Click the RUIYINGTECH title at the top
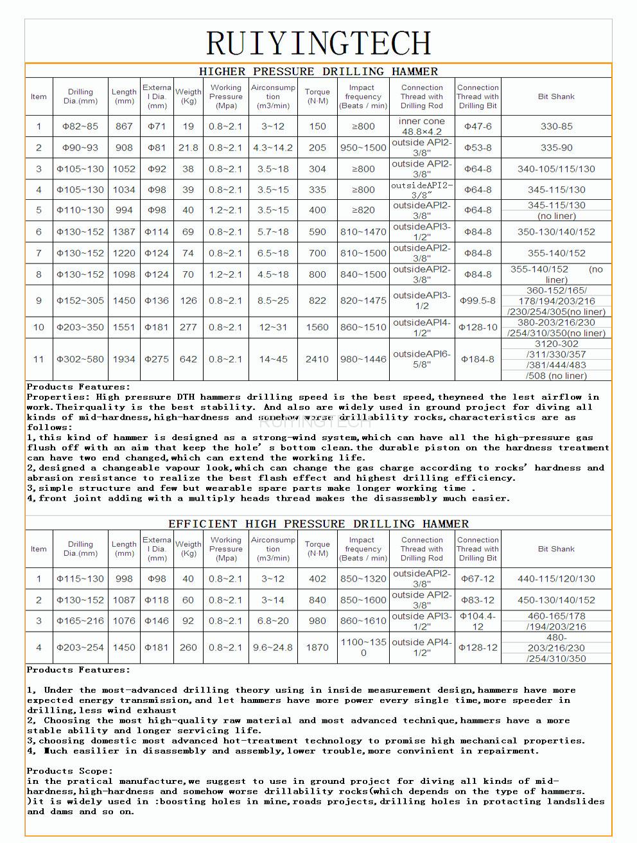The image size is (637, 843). tap(318, 44)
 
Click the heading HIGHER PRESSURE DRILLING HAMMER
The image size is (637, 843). tap(318, 71)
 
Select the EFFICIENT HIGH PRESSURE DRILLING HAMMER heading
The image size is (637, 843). tap(318, 524)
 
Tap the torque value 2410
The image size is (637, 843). tap(317, 359)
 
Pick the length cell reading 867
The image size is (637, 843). tap(124, 127)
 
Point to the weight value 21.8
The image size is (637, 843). tap(188, 148)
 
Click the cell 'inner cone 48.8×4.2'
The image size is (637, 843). tap(422, 127)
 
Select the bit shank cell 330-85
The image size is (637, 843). tap(556, 127)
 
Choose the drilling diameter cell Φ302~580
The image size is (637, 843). tap(80, 359)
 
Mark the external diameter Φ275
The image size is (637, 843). tap(157, 359)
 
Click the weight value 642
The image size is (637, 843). tap(188, 359)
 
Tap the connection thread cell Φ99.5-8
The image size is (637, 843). tap(478, 301)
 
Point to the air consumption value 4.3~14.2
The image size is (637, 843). tap(273, 148)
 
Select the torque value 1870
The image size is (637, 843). tap(317, 648)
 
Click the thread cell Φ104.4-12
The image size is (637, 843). tap(478, 621)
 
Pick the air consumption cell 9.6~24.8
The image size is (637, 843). tap(273, 648)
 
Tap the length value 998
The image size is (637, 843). tap(124, 579)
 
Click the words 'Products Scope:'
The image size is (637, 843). tap(70, 771)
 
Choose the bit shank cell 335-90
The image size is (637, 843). tap(556, 148)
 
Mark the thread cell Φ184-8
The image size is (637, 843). tap(478, 359)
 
